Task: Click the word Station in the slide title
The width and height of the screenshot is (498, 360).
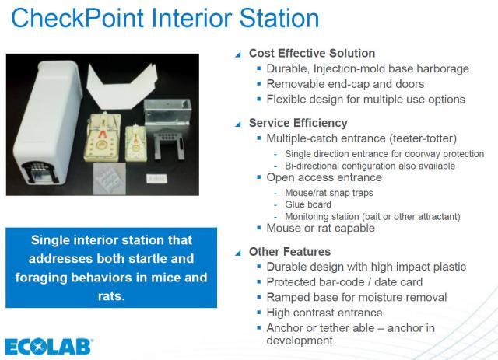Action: click(279, 18)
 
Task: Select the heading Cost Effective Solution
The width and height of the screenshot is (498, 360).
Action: click(312, 53)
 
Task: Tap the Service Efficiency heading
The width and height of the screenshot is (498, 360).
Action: click(298, 123)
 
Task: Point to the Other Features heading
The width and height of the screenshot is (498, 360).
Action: click(289, 252)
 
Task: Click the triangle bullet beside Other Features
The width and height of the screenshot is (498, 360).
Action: click(238, 253)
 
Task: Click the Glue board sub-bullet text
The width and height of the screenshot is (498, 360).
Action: click(308, 204)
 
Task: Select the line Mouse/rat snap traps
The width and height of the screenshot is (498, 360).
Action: click(329, 193)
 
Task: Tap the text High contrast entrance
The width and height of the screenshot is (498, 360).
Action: click(324, 313)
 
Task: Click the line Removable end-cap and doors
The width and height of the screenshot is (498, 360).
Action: click(345, 84)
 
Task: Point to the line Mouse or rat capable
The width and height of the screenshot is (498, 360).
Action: click(321, 229)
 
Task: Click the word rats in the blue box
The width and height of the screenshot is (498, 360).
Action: click(111, 296)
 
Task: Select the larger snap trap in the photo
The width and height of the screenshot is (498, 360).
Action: click(103, 137)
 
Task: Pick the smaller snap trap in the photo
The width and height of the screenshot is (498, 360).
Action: click(136, 142)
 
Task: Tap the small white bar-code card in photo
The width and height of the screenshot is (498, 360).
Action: click(156, 178)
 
